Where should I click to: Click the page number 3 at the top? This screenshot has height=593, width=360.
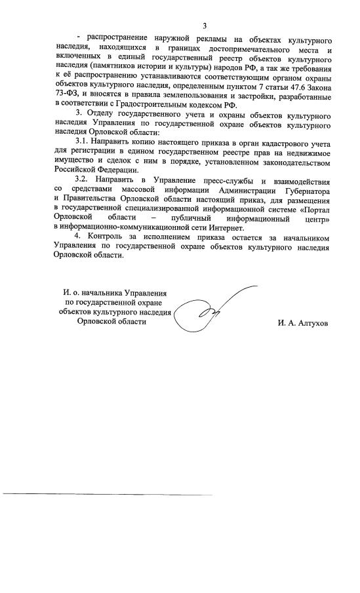coord(205,26)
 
